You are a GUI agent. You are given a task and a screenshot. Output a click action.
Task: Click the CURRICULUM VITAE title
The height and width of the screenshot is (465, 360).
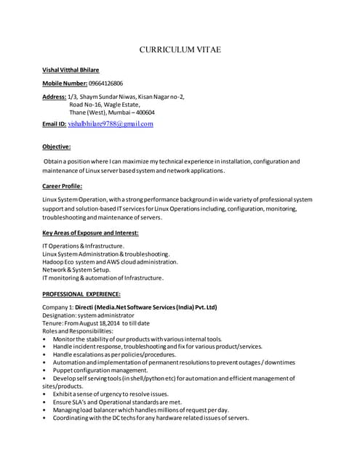tap(180, 49)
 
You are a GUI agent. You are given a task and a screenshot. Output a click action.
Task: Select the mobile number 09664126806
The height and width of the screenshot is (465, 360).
tap(105, 84)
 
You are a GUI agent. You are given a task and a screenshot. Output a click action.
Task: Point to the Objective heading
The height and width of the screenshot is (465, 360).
tap(57, 146)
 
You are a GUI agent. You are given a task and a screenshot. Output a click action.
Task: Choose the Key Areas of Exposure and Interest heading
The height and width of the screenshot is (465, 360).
tap(90, 232)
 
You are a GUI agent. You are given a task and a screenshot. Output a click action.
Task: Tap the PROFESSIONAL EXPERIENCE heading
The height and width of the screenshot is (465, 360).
tap(81, 294)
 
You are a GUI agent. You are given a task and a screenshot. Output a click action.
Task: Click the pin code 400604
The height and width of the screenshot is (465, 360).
tap(145, 113)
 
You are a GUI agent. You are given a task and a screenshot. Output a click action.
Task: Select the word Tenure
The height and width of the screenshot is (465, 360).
tap(54, 323)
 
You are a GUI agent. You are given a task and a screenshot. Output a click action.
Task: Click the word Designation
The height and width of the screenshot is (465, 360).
tap(59, 315)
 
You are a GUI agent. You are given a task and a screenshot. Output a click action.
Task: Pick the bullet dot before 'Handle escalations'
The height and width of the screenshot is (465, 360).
tap(45, 355)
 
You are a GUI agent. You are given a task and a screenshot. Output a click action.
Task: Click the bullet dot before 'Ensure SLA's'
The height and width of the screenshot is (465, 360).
tap(45, 402)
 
